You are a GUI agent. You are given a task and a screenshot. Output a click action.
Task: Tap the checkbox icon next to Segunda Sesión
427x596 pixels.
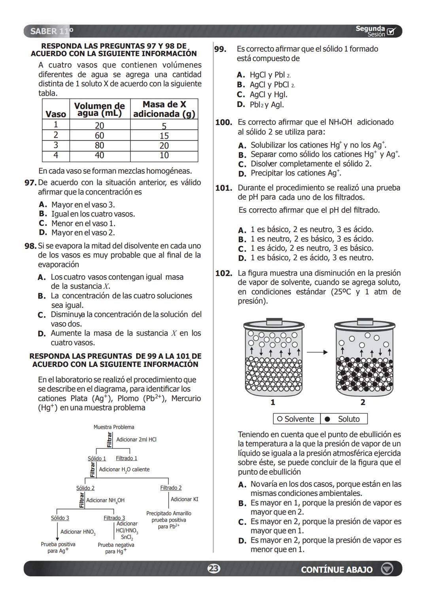(x=391, y=32)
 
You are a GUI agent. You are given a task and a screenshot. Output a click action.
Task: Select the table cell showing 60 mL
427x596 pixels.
(x=100, y=136)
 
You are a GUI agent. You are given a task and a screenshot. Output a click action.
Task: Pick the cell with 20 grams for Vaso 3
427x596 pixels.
(x=164, y=145)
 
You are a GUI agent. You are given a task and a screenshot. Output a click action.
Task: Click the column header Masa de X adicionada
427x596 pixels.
(x=164, y=109)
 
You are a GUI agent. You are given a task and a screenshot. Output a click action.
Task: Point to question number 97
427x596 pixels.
(x=30, y=183)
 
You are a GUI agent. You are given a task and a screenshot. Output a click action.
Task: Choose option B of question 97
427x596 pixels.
(x=88, y=214)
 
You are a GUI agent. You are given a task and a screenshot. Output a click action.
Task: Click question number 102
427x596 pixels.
(x=223, y=273)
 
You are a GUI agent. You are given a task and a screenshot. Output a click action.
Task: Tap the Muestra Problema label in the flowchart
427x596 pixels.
(x=114, y=427)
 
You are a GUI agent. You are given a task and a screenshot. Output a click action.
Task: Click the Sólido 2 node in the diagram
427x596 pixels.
(x=85, y=488)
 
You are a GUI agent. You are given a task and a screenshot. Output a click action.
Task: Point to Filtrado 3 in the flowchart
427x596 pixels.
(x=114, y=518)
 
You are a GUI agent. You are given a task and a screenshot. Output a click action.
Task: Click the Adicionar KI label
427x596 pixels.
(x=184, y=499)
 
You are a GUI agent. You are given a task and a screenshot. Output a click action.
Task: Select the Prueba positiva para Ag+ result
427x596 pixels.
(x=58, y=547)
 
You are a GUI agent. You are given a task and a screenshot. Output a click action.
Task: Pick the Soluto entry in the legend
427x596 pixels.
(x=344, y=419)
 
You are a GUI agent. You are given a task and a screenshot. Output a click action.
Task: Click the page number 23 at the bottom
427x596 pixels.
(x=213, y=569)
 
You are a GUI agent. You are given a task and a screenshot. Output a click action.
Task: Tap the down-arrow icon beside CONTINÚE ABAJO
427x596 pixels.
(x=387, y=569)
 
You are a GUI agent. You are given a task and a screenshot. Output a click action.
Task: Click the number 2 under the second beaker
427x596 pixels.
(x=363, y=402)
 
